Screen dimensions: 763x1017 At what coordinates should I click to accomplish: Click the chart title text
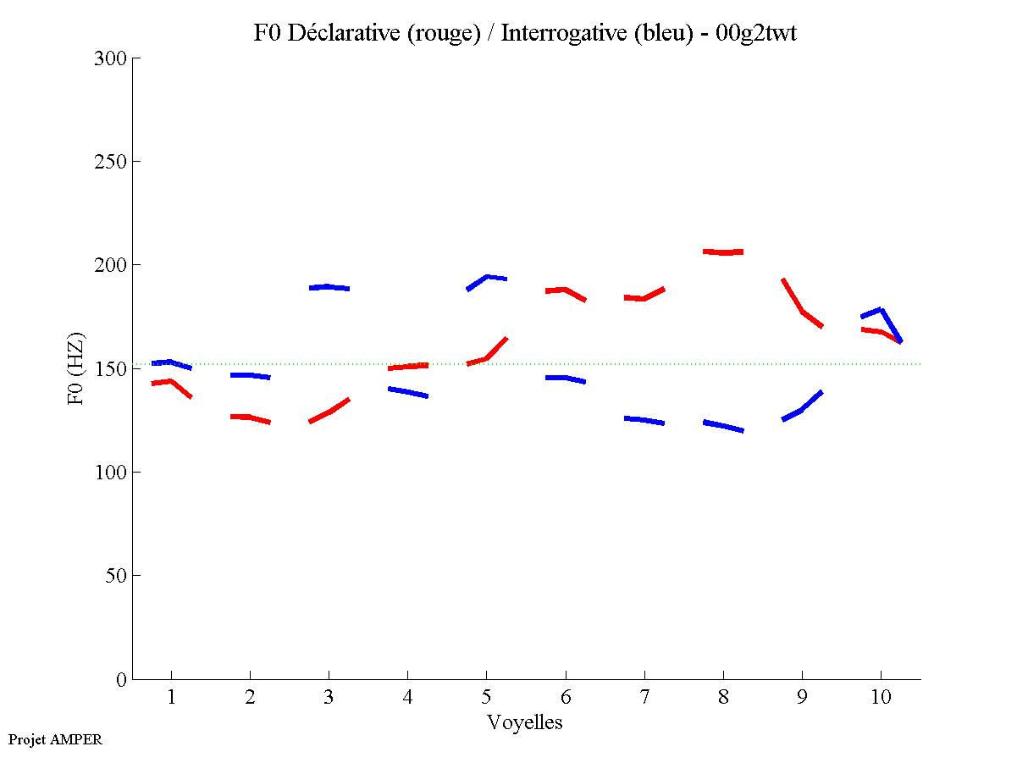coord(525,34)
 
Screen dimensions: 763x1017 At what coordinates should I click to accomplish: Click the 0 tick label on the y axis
coord(122,679)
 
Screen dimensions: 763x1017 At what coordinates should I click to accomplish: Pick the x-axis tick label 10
coord(881,697)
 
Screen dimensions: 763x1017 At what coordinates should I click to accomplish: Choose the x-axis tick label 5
coord(486,697)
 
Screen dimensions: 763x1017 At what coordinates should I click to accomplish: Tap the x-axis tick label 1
coord(171,697)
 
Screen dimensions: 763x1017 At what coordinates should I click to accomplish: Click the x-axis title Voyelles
coord(525,722)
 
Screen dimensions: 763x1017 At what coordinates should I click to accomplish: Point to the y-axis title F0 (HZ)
coord(77,368)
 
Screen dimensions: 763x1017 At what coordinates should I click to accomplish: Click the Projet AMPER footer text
coord(55,739)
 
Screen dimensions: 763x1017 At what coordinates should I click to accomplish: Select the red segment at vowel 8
coord(722,252)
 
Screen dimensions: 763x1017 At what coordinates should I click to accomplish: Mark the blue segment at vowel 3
coord(329,287)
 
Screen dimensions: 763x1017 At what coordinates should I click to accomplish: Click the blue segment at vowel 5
coord(488,277)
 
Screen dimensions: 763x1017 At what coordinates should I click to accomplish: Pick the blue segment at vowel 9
coord(802,409)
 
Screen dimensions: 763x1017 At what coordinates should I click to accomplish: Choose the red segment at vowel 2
coord(249,417)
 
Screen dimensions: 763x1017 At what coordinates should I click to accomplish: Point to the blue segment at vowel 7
coord(644,420)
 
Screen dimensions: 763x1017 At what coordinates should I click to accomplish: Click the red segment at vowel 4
coord(407,367)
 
